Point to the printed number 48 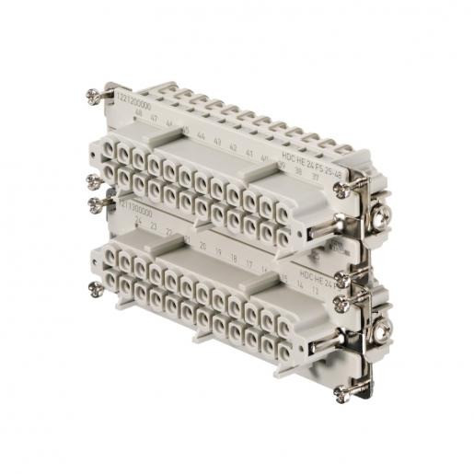pyautogui.click(x=139, y=117)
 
